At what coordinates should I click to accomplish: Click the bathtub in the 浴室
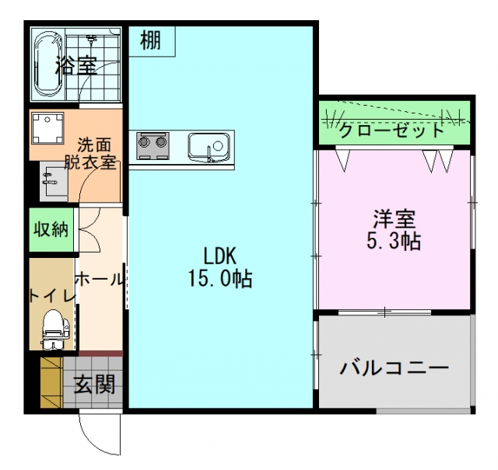click(x=48, y=64)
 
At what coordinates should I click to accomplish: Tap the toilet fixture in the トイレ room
click(x=55, y=329)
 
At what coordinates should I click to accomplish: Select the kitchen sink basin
click(x=209, y=148)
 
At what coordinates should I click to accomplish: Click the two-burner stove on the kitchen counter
click(x=153, y=146)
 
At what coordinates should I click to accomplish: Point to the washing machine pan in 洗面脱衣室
click(x=47, y=128)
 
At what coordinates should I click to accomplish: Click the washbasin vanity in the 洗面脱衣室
click(x=54, y=181)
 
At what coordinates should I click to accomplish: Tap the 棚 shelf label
click(x=150, y=40)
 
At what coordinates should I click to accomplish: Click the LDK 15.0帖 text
click(x=220, y=267)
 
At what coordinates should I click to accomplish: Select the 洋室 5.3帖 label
click(x=395, y=229)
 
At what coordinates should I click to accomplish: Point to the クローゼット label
click(x=391, y=130)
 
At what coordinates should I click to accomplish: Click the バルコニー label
click(x=395, y=368)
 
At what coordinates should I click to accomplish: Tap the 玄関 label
click(x=94, y=384)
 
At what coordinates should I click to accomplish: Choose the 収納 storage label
click(x=51, y=229)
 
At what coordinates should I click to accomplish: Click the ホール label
click(x=100, y=280)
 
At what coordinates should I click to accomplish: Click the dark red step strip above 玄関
click(x=100, y=353)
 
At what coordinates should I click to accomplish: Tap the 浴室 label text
click(x=76, y=66)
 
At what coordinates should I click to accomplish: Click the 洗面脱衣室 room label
click(x=90, y=154)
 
